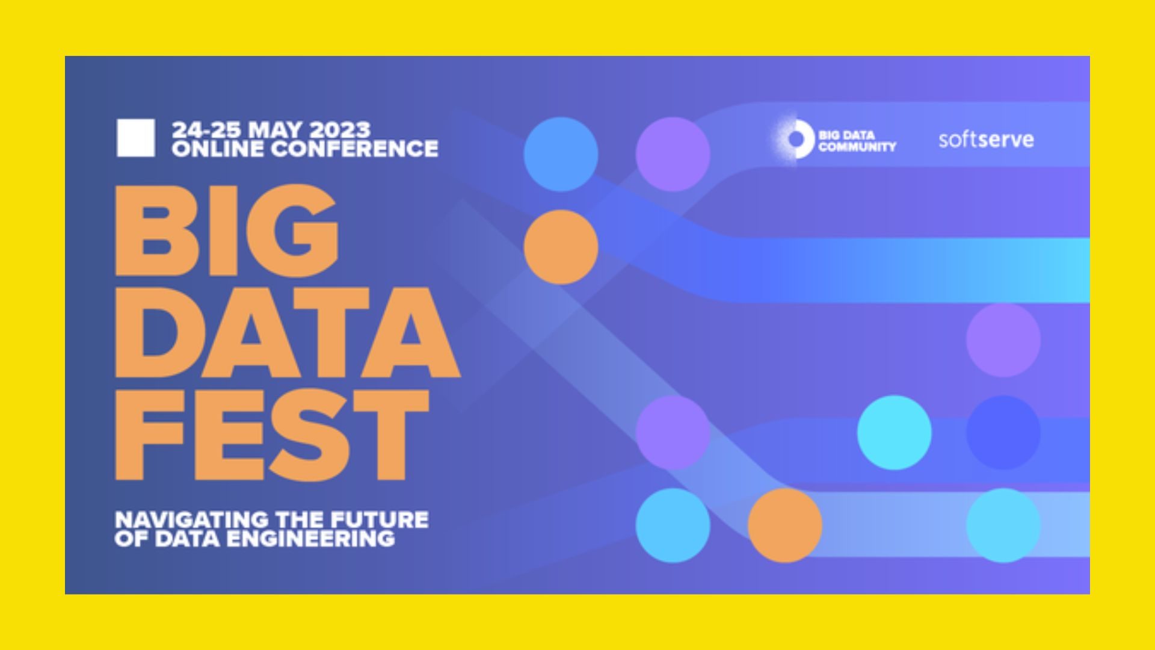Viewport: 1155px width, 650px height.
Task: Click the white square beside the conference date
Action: (135, 138)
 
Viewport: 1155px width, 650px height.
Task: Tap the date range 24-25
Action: (208, 130)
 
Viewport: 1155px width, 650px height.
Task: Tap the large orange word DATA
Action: (288, 333)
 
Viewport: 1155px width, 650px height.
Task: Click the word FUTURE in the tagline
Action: (380, 519)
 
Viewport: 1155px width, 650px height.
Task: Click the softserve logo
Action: (986, 140)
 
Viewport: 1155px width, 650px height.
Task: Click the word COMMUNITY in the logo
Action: (857, 146)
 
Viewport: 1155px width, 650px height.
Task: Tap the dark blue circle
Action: (1003, 432)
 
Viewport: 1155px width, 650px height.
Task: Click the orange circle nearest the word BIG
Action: (561, 247)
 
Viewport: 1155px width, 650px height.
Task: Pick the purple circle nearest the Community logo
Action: (673, 154)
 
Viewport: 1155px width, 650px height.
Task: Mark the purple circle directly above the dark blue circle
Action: (1003, 340)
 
